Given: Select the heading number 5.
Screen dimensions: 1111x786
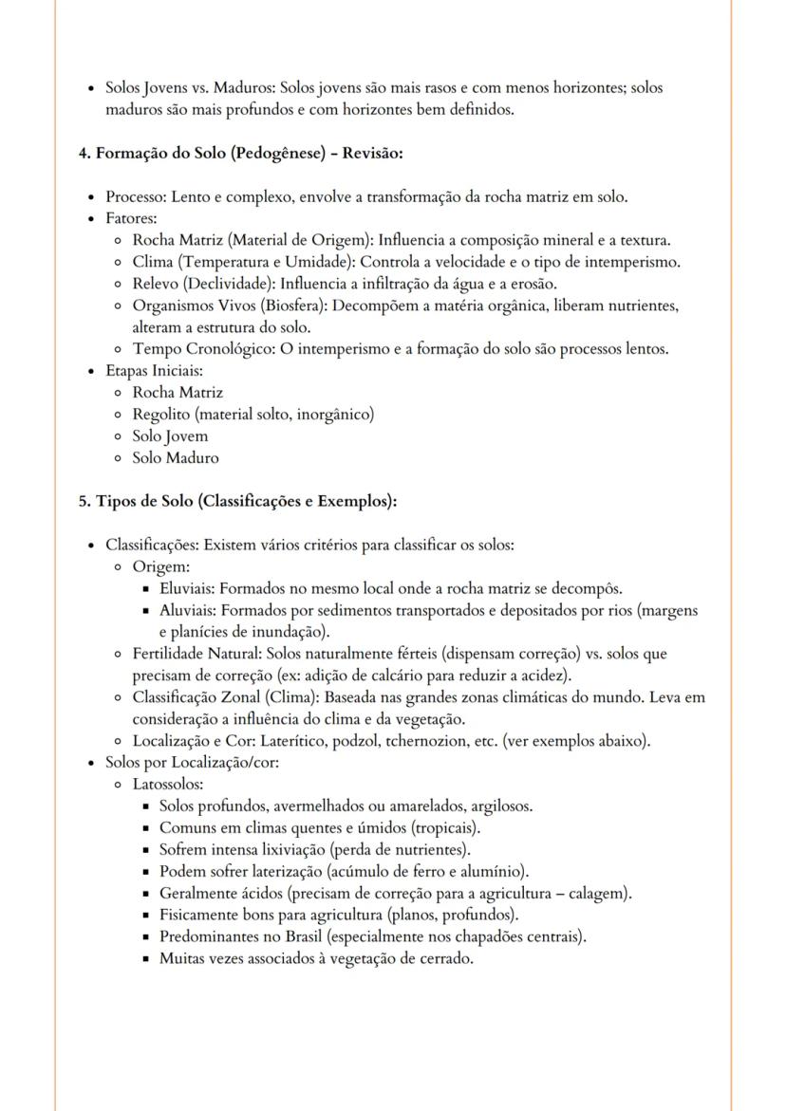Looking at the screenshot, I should [83, 501].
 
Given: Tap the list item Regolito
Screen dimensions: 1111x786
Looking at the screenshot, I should [159, 415].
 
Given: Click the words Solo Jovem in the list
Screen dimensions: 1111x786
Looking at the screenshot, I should [170, 436].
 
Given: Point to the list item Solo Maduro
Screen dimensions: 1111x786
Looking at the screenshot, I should [176, 458].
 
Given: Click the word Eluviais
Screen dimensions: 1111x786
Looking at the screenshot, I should [186, 589].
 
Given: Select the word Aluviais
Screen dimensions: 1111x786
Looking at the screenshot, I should [187, 611].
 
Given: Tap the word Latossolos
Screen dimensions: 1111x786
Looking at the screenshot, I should [167, 785].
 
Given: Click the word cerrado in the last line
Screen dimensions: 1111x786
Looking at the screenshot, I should [448, 959].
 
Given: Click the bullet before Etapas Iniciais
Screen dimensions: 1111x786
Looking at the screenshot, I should [90, 371].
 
